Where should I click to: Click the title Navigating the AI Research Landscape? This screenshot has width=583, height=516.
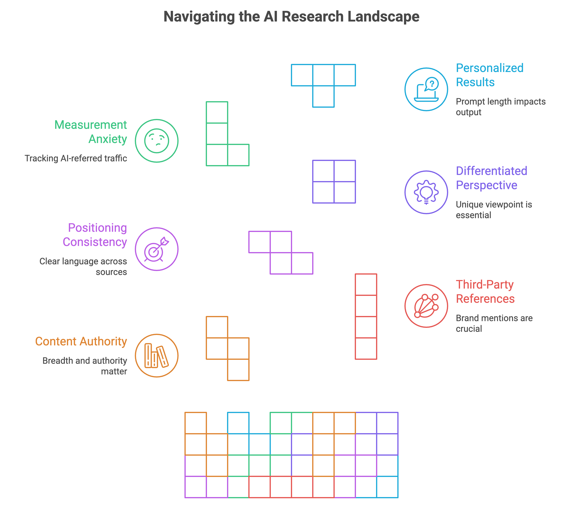291,17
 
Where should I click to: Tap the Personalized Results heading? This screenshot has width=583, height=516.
489,75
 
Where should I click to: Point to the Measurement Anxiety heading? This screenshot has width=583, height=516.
91,132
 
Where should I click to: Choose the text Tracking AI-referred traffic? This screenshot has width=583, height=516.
76,158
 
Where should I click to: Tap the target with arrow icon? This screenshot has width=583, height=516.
156,249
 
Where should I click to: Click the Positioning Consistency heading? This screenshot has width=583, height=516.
95,235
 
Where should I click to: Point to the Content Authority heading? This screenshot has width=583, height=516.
81,341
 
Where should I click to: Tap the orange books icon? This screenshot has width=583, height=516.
156,356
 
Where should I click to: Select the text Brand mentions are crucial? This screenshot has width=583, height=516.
494,323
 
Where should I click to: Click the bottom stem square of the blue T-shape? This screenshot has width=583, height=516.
323,96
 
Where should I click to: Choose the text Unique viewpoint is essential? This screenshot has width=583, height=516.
494,210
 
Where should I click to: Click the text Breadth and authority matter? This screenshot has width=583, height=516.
85,366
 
